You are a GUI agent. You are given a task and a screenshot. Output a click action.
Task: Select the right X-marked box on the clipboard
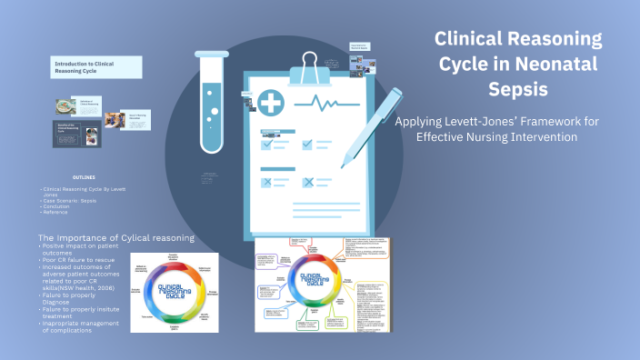pos(307,182)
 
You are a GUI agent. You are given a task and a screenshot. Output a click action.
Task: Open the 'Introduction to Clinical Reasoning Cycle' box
pos(95,66)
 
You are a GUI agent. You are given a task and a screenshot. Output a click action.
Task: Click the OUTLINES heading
pos(79,177)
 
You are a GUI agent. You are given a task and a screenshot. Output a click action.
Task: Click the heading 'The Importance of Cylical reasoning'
pos(115,238)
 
